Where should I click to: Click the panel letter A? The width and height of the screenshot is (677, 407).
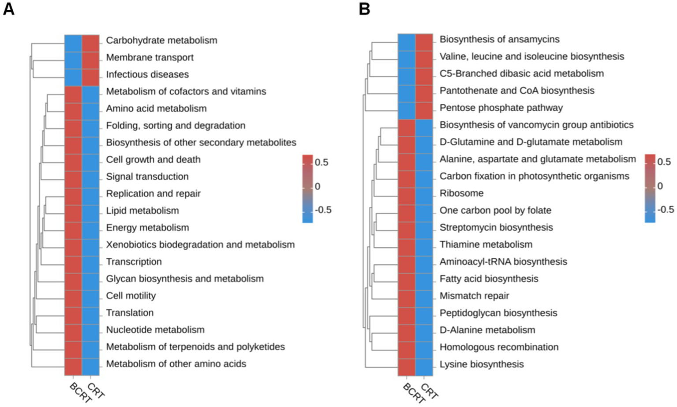8,9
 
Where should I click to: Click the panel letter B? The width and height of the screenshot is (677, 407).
364,9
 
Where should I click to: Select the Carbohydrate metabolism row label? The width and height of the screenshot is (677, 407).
161,40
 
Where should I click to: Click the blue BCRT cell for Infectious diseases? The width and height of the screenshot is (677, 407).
73,74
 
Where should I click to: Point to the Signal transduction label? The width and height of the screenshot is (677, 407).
147,177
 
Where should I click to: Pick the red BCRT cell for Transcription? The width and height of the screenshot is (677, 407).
73,262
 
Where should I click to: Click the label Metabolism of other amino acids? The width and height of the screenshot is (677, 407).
176,364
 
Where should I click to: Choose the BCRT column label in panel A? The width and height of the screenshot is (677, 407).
80,392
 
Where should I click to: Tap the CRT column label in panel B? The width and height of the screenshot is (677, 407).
429,391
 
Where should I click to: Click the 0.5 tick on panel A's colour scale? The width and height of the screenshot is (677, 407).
322,162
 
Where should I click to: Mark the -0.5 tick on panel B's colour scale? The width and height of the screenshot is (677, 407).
666,209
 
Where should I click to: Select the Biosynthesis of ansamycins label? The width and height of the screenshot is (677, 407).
499,39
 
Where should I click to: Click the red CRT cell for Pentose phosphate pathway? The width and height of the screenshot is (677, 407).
424,108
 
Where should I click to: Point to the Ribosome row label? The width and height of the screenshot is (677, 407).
461,193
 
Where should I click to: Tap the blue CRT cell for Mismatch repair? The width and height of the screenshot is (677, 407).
424,296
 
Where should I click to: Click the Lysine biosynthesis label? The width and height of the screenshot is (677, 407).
482,364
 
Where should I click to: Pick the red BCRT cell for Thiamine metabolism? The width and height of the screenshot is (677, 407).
406,245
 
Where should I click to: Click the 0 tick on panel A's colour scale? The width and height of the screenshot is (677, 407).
317,186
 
